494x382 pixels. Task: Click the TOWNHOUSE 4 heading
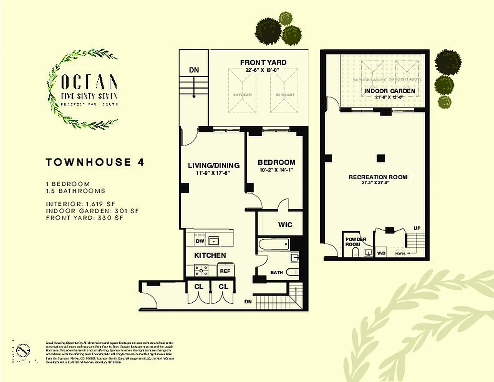95,162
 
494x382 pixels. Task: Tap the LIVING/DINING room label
213,165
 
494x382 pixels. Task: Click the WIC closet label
285,225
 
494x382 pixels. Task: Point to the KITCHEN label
210,255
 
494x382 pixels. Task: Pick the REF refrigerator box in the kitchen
224,271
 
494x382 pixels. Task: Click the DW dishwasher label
200,241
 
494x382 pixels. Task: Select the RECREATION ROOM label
378,177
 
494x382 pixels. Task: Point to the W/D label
381,253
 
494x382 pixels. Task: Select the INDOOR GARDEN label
389,91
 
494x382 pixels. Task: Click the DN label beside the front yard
193,70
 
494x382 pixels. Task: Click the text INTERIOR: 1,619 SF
81,203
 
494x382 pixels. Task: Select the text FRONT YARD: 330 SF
84,218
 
